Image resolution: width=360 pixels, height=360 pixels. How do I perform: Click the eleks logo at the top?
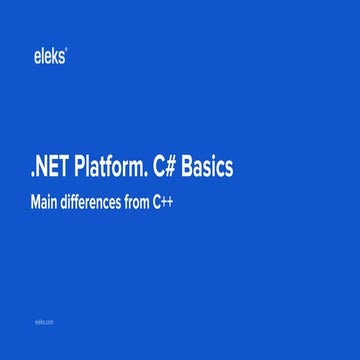click(x=49, y=57)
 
